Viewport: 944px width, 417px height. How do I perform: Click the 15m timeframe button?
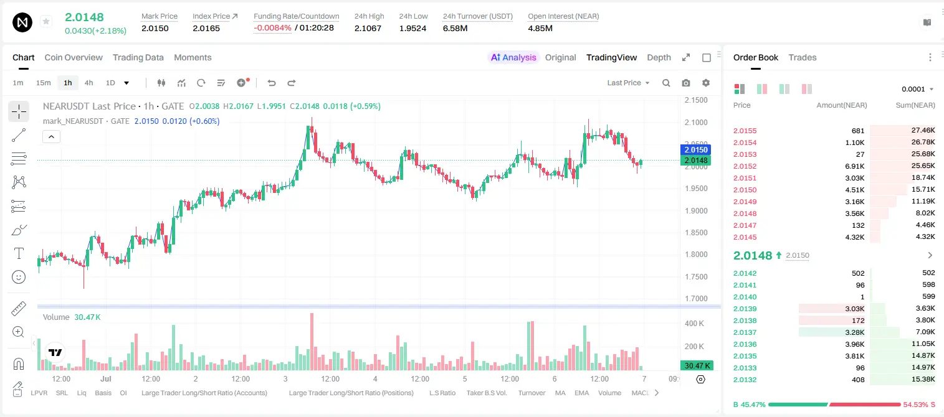click(44, 83)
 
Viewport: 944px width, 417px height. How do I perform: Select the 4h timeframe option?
click(88, 83)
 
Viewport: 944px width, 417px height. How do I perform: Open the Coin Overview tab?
click(74, 57)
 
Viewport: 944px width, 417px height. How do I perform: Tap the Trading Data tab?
click(138, 57)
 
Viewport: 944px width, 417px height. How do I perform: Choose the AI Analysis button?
click(513, 57)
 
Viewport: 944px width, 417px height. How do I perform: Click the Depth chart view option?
click(659, 57)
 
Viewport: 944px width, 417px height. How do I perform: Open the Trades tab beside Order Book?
click(803, 57)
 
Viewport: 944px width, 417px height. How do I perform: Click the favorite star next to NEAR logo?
click(46, 21)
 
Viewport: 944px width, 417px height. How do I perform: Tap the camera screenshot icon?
click(686, 83)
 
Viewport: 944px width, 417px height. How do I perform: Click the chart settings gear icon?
click(706, 83)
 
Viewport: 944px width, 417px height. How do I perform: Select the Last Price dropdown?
click(628, 83)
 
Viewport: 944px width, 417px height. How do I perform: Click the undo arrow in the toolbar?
click(272, 83)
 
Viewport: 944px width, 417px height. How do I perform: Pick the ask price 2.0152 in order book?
click(745, 166)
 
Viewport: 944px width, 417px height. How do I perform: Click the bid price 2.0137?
click(745, 332)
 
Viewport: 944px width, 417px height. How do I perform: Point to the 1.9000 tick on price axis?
click(696, 211)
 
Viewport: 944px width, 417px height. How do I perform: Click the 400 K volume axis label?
click(695, 324)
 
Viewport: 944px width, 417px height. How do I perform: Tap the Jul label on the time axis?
click(106, 378)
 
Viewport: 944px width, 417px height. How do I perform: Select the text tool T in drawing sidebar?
click(19, 253)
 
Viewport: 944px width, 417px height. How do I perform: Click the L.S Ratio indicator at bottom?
click(442, 393)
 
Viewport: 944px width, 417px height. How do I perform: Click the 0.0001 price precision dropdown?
click(917, 89)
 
